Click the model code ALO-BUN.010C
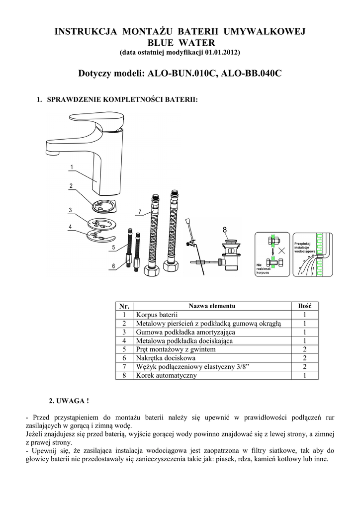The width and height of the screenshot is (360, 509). pos(180,74)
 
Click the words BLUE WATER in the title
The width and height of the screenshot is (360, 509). pos(180,42)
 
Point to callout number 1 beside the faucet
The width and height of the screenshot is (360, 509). pos(72,167)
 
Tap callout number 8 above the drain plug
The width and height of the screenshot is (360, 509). pos(225,230)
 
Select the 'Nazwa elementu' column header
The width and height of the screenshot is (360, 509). pos(212,306)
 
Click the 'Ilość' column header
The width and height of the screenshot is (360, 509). pos(304,306)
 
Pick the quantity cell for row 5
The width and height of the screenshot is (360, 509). pos(304,349)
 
